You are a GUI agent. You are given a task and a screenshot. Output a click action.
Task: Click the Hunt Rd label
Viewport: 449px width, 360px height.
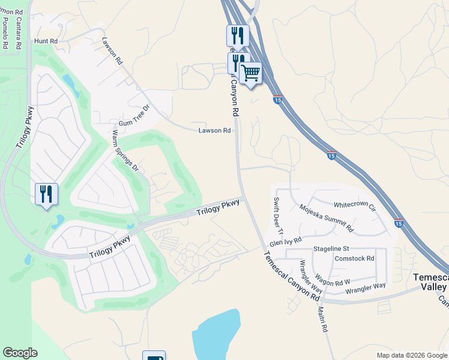tap(45, 41)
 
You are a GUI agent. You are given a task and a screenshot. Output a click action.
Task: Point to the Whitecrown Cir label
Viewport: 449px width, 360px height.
tap(354, 205)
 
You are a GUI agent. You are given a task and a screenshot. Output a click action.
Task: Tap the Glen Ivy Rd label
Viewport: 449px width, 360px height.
tap(285, 241)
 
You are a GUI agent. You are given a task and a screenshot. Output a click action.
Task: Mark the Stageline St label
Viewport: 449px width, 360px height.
tap(331, 248)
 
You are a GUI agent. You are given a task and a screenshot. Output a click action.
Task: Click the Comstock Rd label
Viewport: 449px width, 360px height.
tap(354, 259)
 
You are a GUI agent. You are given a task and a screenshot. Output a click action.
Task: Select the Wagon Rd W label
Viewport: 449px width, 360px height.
tap(333, 280)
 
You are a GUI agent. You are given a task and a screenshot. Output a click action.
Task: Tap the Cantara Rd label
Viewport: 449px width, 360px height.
tap(19, 33)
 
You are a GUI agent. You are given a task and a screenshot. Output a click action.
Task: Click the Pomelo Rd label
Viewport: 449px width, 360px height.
tap(6, 33)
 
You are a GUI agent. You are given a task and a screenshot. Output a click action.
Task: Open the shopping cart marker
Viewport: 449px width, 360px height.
tap(250, 73)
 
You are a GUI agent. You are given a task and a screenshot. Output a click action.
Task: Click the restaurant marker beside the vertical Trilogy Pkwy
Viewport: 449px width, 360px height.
tap(46, 194)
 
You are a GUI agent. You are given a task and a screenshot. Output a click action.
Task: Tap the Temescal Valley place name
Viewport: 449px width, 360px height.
tap(431, 282)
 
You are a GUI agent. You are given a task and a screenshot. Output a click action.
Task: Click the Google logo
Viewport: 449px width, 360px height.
tap(20, 353)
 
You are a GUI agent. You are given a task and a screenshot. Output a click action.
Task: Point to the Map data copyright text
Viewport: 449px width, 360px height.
tap(412, 355)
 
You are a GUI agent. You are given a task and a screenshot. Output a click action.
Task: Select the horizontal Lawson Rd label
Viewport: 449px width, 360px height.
tap(215, 130)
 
